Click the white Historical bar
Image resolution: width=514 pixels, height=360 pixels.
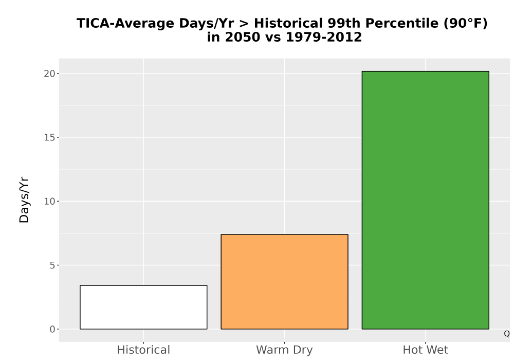tap(143, 307)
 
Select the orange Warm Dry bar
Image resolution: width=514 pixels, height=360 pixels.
tap(285, 282)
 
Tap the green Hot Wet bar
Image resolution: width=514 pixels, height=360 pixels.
tap(426, 200)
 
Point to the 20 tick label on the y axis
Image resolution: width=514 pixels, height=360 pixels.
tap(49, 74)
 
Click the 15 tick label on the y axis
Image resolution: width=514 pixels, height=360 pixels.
tap(49, 137)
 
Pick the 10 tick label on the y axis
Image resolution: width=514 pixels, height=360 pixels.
tap(49, 201)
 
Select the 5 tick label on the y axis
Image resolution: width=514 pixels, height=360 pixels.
tap(52, 265)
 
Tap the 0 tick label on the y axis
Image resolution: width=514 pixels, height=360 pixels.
tap(52, 329)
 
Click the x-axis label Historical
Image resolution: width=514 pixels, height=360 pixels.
tap(143, 350)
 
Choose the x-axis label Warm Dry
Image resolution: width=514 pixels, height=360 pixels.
tap(285, 350)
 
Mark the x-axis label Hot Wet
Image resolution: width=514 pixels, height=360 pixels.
tap(426, 350)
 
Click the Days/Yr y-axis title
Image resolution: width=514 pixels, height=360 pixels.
tap(24, 200)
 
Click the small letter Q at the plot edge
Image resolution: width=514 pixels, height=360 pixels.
tap(507, 334)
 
